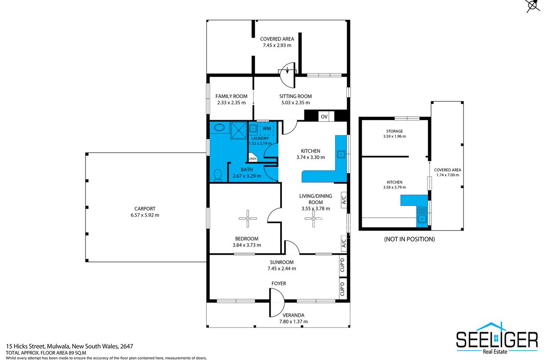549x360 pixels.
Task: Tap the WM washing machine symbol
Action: point(267,129)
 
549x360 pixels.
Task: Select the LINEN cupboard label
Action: point(253,158)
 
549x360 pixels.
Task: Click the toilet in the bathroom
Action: point(218,175)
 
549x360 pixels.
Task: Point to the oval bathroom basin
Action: point(219,127)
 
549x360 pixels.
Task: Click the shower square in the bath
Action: point(239,130)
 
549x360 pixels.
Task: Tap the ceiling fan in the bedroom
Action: point(248,218)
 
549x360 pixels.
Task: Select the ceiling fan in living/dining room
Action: point(313,218)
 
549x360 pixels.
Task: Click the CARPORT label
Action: point(145,209)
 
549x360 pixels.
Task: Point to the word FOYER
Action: point(279,283)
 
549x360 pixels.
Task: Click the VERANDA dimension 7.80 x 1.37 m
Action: point(294,322)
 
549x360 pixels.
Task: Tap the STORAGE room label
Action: point(395,131)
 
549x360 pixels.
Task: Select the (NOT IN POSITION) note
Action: point(409,239)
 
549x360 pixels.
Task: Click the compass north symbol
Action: point(533,5)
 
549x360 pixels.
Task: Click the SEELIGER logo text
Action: point(497,340)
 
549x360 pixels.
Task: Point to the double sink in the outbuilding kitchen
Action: point(422,215)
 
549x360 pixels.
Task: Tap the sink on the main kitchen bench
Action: point(341,154)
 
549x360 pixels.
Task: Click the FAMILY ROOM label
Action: point(231,96)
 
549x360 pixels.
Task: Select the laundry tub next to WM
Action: point(253,128)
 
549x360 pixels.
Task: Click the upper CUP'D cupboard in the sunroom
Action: point(343,265)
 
